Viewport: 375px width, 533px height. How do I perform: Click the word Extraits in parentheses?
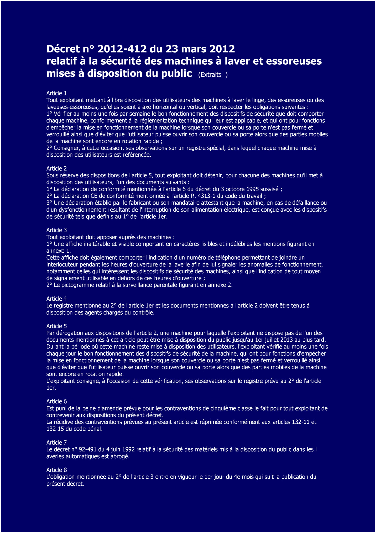(210, 75)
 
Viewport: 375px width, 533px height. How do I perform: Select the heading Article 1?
(56, 93)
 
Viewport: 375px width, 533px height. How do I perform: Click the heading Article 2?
(56, 168)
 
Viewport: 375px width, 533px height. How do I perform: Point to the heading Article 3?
(56, 230)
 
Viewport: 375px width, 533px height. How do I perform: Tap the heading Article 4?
(56, 299)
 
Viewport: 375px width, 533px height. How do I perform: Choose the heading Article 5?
(56, 326)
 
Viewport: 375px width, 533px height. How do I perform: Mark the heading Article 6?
(56, 402)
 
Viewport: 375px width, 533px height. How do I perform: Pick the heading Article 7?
(56, 443)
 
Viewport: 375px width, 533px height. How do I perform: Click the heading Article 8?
(56, 470)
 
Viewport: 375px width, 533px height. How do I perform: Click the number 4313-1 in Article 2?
(206, 196)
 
